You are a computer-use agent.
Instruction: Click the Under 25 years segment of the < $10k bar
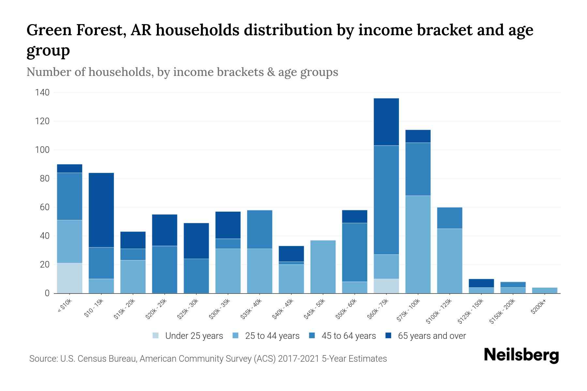click(x=69, y=278)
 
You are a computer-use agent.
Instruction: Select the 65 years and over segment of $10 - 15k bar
click(x=101, y=210)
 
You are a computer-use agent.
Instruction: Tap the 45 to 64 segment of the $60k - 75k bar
click(x=386, y=200)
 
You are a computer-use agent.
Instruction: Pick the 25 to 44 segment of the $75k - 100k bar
click(x=418, y=244)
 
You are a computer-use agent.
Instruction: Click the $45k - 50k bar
click(x=323, y=267)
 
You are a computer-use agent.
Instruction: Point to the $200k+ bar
click(x=545, y=290)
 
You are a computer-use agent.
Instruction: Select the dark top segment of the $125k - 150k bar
click(x=481, y=283)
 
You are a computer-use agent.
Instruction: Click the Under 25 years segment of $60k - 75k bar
click(x=386, y=286)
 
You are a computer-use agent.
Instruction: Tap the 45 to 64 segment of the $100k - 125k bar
click(x=449, y=218)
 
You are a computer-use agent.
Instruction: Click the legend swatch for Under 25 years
click(x=156, y=336)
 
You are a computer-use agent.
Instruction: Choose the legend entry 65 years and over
click(x=432, y=336)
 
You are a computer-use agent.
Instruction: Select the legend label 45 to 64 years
click(x=348, y=336)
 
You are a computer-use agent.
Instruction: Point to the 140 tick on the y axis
click(x=42, y=93)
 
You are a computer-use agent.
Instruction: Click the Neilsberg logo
click(x=521, y=355)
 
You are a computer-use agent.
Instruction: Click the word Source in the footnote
click(x=43, y=359)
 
